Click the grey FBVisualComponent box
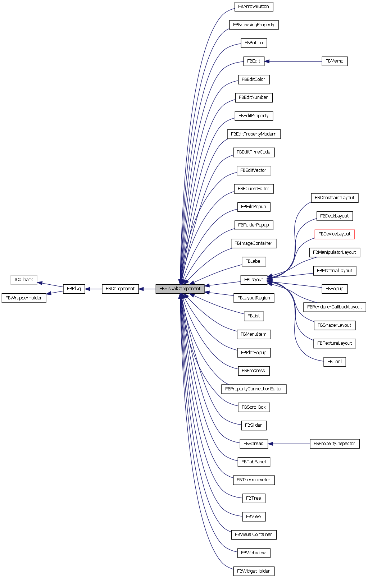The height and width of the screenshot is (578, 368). point(180,289)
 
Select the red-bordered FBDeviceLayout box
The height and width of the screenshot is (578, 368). point(335,234)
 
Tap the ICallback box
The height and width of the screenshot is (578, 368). point(24,280)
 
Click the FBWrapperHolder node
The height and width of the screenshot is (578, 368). point(24,298)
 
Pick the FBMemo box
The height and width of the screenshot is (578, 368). point(334,61)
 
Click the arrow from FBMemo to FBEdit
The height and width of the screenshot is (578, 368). point(293,61)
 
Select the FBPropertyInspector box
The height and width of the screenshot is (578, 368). point(334,444)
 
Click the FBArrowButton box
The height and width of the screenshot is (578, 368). point(254,6)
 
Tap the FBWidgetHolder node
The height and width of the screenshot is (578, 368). point(254,571)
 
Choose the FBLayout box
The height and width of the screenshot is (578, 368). point(254,280)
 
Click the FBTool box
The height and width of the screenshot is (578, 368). point(335,362)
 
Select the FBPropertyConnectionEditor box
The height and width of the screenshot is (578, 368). point(254,389)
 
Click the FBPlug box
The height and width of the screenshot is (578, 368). point(74,289)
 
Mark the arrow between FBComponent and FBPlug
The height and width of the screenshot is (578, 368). point(94,289)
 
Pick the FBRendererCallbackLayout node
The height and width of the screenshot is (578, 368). point(335,307)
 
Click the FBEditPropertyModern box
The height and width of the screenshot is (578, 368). point(254,134)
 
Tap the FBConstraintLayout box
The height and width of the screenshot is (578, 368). point(335,198)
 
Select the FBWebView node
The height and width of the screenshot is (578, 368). point(254,553)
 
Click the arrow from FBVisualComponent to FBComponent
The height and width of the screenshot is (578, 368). point(147,289)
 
